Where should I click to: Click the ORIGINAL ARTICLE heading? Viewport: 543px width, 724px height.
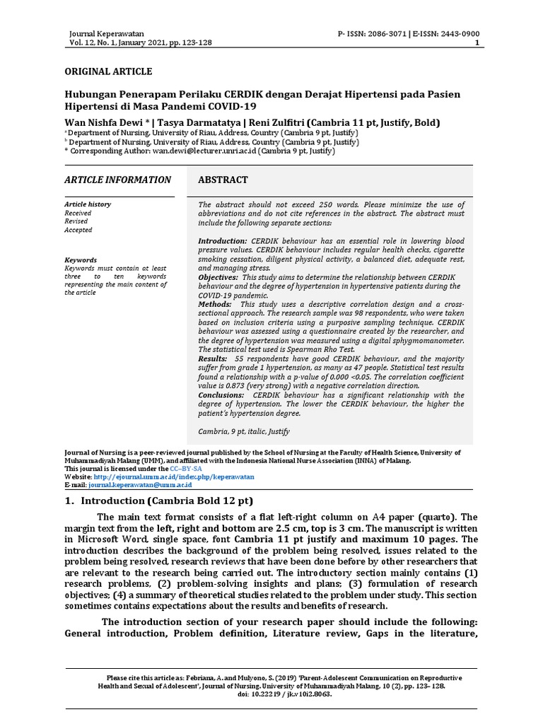coord(108,71)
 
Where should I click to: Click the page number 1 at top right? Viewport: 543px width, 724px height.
coord(477,42)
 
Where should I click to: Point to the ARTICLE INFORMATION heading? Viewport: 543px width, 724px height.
coord(117,180)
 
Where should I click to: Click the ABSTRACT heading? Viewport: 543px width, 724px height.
coord(223,180)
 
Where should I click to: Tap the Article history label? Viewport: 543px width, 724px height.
coord(88,204)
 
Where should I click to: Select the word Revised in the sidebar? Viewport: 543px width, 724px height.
coord(77,221)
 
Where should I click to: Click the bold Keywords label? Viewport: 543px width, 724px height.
coord(80,259)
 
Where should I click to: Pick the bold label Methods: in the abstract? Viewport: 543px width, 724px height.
coord(215,304)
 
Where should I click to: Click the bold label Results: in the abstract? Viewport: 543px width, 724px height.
coord(213,359)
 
